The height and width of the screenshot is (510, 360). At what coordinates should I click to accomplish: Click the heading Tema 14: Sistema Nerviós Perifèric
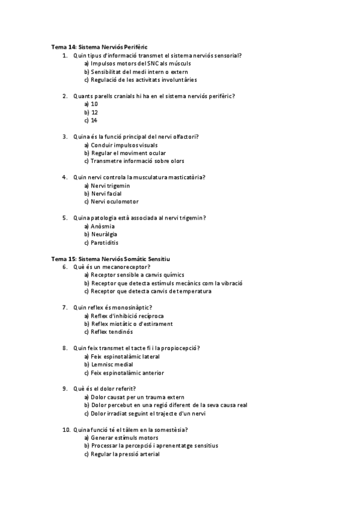[x=99, y=47]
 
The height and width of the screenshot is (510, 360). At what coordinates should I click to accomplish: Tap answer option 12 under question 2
[x=94, y=112]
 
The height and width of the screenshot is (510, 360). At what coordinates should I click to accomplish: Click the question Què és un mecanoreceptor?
[x=112, y=267]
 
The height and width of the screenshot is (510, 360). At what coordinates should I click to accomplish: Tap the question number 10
[x=67, y=430]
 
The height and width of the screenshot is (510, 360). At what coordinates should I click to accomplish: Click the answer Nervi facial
[x=106, y=194]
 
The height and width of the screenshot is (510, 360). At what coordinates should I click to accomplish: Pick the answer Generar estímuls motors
[x=120, y=438]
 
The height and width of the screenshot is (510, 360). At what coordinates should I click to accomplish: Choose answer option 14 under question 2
[x=94, y=120]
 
